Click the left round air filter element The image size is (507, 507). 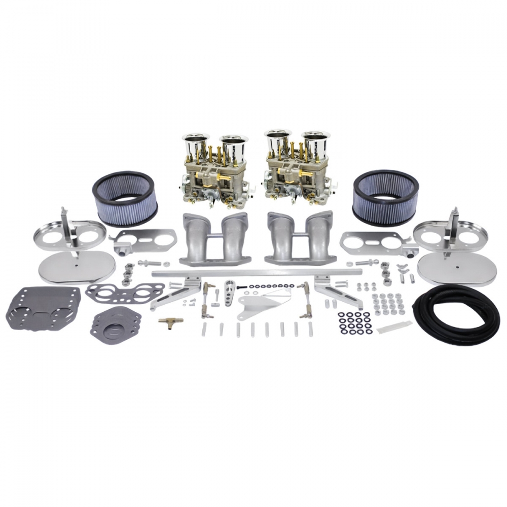point(125,198)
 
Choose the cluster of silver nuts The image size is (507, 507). point(388,303)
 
